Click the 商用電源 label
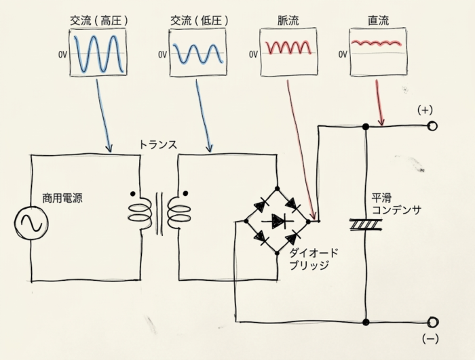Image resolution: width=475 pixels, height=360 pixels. coord(62,199)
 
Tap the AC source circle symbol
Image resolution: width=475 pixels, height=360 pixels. coord(31,223)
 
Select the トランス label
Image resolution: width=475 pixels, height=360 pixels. coord(158,144)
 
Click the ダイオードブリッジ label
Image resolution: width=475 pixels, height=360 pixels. coord(313,259)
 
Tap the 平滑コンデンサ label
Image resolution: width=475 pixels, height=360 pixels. coord(396,204)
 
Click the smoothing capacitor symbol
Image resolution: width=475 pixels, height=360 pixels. coord(366,224)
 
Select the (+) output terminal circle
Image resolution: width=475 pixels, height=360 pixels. coord(432,126)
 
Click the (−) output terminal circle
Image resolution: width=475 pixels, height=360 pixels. coord(433,322)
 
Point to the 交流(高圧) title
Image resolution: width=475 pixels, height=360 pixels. coord(99,20)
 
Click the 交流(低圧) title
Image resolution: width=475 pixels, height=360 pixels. coord(199,20)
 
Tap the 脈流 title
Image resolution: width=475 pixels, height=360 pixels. coord(288,20)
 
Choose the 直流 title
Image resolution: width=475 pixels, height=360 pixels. coord(379,20)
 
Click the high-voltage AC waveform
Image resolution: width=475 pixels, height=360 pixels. coord(99,54)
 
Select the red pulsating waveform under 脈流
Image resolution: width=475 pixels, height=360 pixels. coord(288,47)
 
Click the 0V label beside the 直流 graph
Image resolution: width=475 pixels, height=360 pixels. coord(343,54)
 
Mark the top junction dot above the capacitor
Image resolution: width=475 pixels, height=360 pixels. coord(366,126)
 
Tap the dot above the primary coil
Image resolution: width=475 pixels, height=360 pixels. coord(132,193)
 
